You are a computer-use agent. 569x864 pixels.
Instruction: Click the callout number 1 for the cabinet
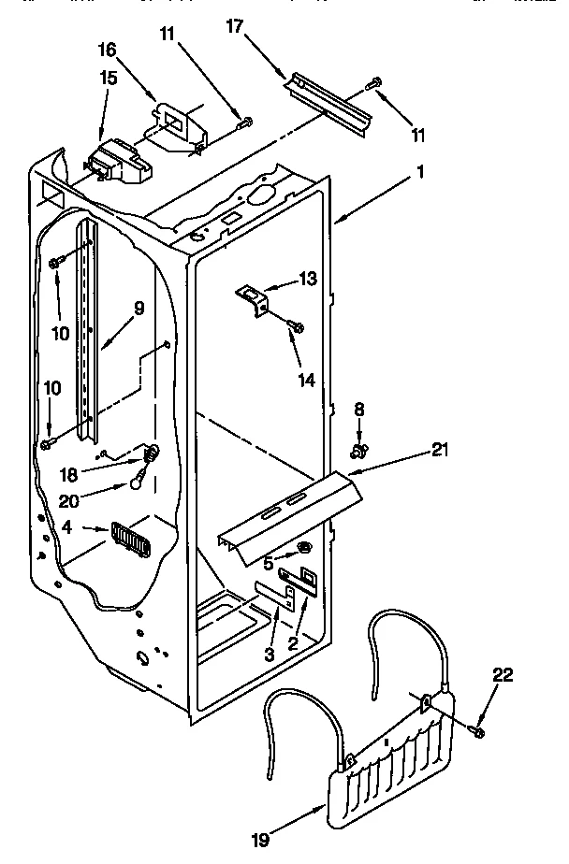click(x=421, y=172)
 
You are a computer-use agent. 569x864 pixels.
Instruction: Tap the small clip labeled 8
click(x=357, y=453)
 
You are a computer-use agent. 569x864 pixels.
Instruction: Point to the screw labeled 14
click(x=298, y=326)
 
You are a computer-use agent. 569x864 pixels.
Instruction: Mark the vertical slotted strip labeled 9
click(x=88, y=327)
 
